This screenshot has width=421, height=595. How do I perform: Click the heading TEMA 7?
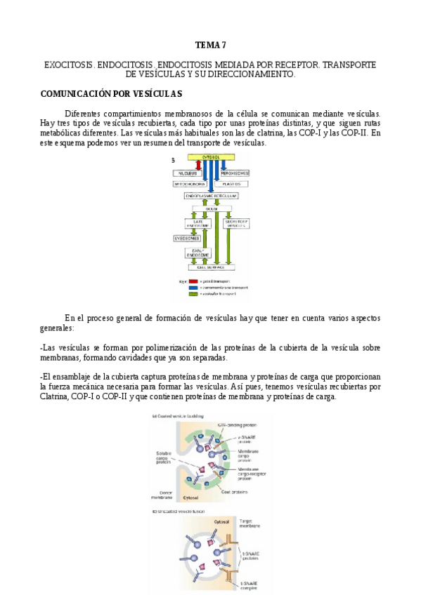[x=211, y=45]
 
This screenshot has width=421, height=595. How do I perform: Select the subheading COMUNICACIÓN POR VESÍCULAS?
[x=112, y=93]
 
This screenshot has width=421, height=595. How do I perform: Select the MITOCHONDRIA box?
[x=190, y=184]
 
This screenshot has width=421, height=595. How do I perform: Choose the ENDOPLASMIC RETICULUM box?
[x=212, y=196]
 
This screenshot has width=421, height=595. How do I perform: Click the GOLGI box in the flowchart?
[x=212, y=208]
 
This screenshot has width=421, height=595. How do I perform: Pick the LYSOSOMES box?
[x=186, y=239]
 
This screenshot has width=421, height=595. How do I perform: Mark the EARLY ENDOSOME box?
[x=197, y=253]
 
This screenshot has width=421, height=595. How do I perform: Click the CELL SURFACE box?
[x=212, y=267]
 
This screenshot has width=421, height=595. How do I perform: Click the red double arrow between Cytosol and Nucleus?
[x=198, y=165]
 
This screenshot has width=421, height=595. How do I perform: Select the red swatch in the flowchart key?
[x=193, y=280]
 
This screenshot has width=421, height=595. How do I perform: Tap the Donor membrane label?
[x=166, y=495]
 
